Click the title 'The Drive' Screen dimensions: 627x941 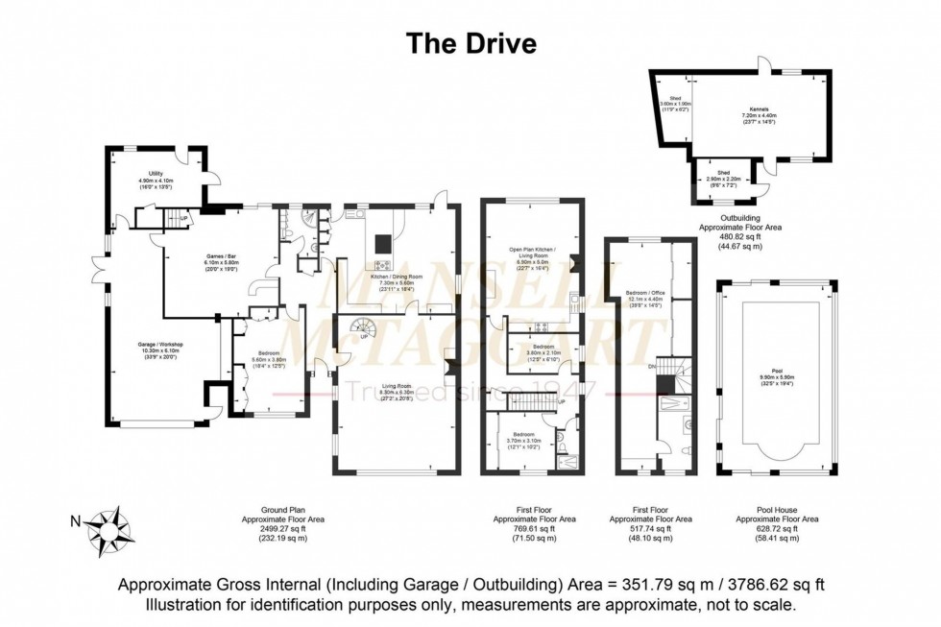tap(470, 43)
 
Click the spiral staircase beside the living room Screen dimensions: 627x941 tap(366, 329)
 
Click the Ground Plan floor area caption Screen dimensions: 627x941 tap(283, 527)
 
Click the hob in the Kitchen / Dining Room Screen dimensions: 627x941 tap(382, 265)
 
